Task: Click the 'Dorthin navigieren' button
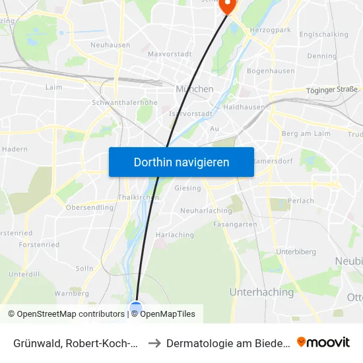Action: point(181,162)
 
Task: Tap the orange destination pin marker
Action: point(228,5)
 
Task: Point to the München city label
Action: point(195,88)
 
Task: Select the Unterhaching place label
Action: point(261,292)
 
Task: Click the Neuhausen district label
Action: point(110,45)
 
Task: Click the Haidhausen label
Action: point(244,106)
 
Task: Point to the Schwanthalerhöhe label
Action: point(125,103)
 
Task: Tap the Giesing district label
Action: point(187,188)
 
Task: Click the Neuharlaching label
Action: point(207,211)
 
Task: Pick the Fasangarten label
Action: point(235,224)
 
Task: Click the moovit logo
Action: point(323,342)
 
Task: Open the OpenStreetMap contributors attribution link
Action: point(67,314)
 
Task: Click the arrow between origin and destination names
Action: point(154,343)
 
